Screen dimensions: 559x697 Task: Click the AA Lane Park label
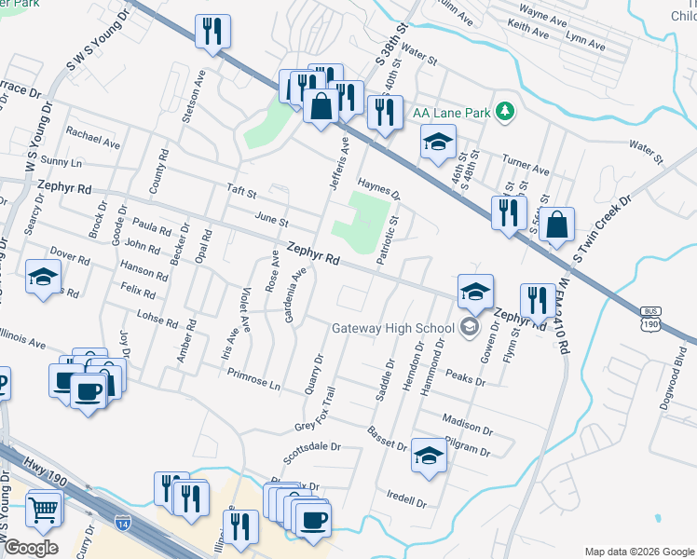click(451, 113)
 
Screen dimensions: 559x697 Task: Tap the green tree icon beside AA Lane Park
click(505, 112)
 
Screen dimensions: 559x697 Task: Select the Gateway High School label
click(394, 327)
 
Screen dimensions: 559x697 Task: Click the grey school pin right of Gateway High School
click(469, 326)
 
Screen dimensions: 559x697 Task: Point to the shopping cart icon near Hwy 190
click(43, 509)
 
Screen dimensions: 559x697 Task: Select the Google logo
click(31, 547)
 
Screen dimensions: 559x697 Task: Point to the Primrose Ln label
click(253, 378)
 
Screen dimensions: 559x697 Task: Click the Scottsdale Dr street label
click(313, 454)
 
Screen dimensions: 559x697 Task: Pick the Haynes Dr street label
click(378, 189)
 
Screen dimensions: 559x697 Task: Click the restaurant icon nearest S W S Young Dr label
click(212, 33)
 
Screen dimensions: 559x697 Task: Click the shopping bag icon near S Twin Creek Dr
click(556, 225)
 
